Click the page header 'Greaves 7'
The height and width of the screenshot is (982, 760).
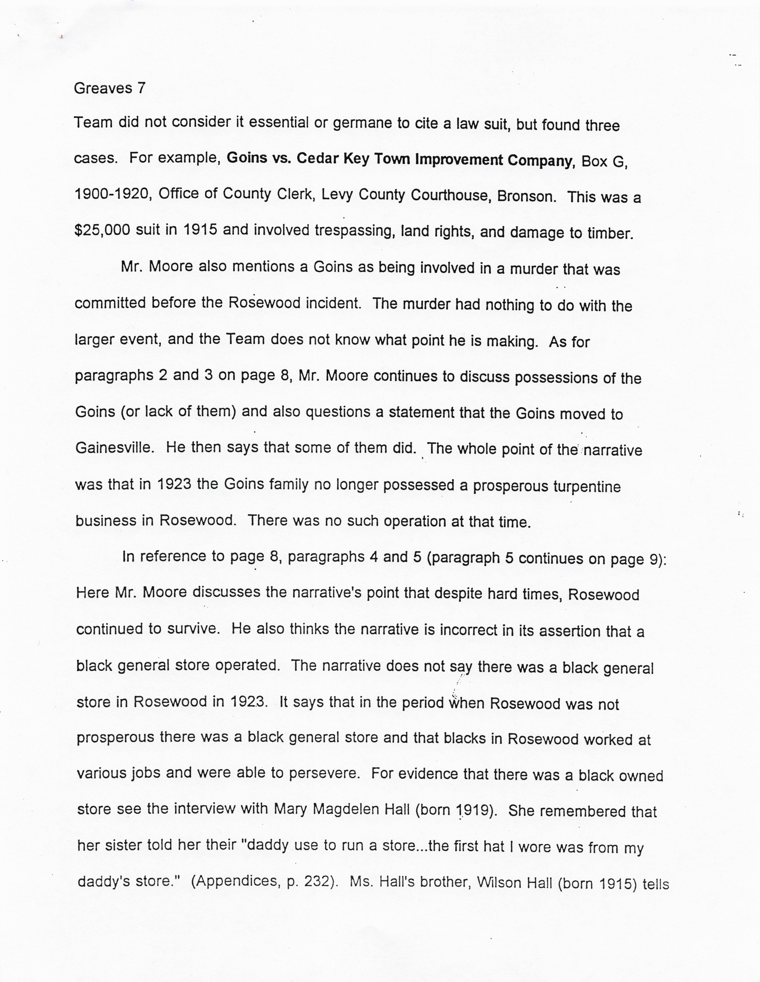(x=110, y=88)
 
